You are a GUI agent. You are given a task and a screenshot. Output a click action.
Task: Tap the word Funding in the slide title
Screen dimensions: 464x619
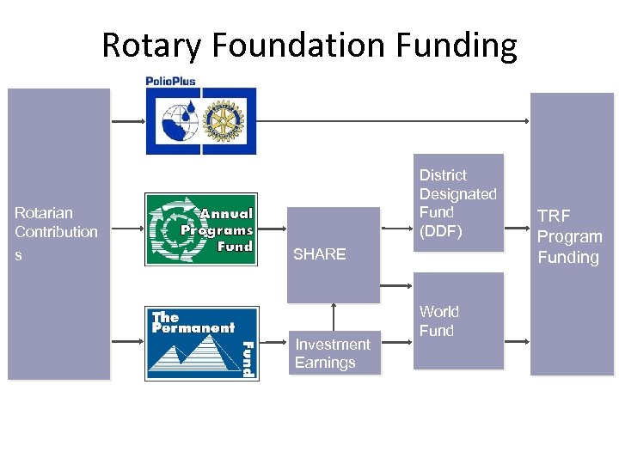[x=465, y=45]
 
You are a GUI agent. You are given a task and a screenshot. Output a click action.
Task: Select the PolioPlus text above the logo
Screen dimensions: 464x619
[x=170, y=82]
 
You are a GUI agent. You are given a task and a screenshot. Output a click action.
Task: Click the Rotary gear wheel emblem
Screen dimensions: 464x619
[x=225, y=121]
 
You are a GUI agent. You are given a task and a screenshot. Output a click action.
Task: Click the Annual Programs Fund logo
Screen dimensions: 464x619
[x=201, y=229]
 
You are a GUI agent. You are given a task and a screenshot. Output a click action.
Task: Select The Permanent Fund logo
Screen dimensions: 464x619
[x=202, y=343]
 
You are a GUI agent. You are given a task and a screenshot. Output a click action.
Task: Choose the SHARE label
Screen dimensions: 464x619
[x=319, y=254]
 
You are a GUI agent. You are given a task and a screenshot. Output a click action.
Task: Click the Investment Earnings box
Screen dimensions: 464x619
[x=334, y=353]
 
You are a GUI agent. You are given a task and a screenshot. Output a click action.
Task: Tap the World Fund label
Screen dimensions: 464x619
[x=438, y=321]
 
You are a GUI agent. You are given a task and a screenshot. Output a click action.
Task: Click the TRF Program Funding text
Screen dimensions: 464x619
[x=569, y=236]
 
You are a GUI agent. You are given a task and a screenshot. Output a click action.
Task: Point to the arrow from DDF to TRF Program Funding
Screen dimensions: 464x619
[x=517, y=229]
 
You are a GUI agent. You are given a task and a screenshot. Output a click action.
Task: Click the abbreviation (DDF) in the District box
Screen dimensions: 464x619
[x=440, y=231]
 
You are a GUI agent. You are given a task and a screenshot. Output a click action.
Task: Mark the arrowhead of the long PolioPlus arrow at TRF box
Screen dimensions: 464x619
[x=526, y=122]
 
